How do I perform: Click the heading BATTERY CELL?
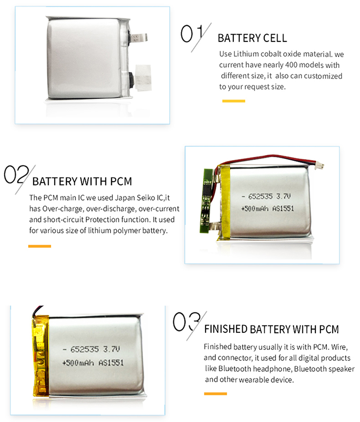[x=252, y=38]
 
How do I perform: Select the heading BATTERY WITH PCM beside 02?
[x=82, y=181]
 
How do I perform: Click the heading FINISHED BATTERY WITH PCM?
[x=271, y=329]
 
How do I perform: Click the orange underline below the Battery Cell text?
[x=234, y=101]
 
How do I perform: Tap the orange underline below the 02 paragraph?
[x=40, y=246]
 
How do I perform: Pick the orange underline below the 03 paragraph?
[x=216, y=394]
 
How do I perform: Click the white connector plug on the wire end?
[x=319, y=165]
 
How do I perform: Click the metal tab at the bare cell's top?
[x=139, y=38]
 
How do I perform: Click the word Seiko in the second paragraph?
[x=146, y=198]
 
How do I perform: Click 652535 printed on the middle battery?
[x=260, y=197]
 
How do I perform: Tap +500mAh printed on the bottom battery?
[x=78, y=363]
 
